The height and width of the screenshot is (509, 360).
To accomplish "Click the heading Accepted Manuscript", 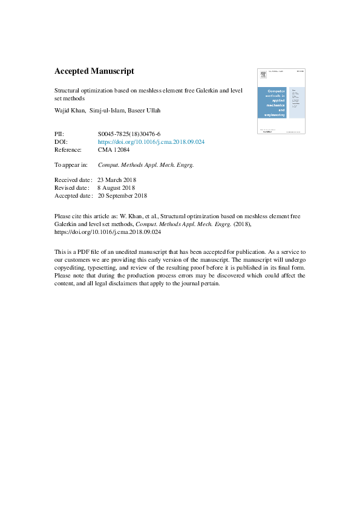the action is (x=94, y=71).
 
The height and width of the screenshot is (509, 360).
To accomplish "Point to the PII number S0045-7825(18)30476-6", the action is (x=129, y=134).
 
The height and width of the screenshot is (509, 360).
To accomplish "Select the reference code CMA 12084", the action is (x=114, y=149).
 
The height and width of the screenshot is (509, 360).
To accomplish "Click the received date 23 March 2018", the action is (x=117, y=180).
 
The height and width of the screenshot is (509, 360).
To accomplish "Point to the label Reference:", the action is (x=68, y=149).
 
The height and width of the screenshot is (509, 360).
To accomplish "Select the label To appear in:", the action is (x=71, y=164).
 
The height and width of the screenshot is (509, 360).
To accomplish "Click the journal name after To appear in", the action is (x=146, y=164).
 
